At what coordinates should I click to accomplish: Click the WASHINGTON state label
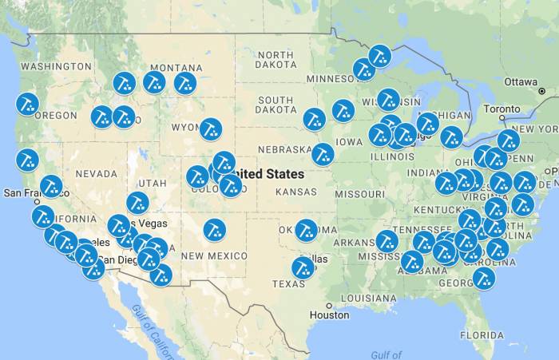(56, 66)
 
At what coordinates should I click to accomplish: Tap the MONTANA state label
(176, 68)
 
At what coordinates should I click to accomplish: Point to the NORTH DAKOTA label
(276, 59)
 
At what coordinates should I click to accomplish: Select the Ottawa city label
(521, 81)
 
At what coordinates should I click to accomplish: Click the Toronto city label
(502, 109)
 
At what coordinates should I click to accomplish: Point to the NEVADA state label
(96, 173)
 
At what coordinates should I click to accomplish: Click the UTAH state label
(151, 183)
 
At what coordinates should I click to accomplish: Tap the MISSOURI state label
(359, 193)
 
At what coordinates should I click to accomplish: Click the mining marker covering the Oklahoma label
(307, 231)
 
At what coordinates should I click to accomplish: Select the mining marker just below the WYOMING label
(210, 128)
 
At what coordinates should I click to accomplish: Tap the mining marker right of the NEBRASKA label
(323, 153)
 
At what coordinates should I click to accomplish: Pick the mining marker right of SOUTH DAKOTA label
(314, 119)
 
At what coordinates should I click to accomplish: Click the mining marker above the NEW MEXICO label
(214, 230)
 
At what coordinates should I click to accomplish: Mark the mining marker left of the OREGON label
(27, 104)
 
